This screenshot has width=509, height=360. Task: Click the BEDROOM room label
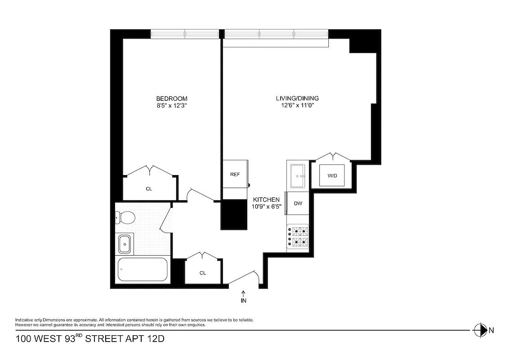tap(171, 99)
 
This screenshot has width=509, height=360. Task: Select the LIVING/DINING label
tap(297, 99)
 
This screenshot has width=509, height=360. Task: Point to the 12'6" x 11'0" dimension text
tap(297, 106)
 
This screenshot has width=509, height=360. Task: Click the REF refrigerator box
tap(235, 174)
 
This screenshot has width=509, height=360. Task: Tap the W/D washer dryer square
tap(332, 175)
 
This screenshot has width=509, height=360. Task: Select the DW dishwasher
tap(298, 203)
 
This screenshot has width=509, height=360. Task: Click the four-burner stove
tap(298, 237)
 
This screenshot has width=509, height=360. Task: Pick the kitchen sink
tap(297, 175)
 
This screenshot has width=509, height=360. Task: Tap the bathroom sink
tap(125, 244)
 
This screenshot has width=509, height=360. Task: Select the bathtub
tap(142, 270)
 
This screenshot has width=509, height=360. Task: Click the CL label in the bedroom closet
tap(149, 189)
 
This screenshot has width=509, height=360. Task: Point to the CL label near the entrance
tap(203, 273)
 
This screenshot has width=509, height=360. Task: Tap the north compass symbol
tap(481, 330)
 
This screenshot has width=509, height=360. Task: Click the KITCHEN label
tap(266, 200)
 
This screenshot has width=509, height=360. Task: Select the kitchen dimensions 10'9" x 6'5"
tap(266, 207)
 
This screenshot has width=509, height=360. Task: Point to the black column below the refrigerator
tap(235, 215)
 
